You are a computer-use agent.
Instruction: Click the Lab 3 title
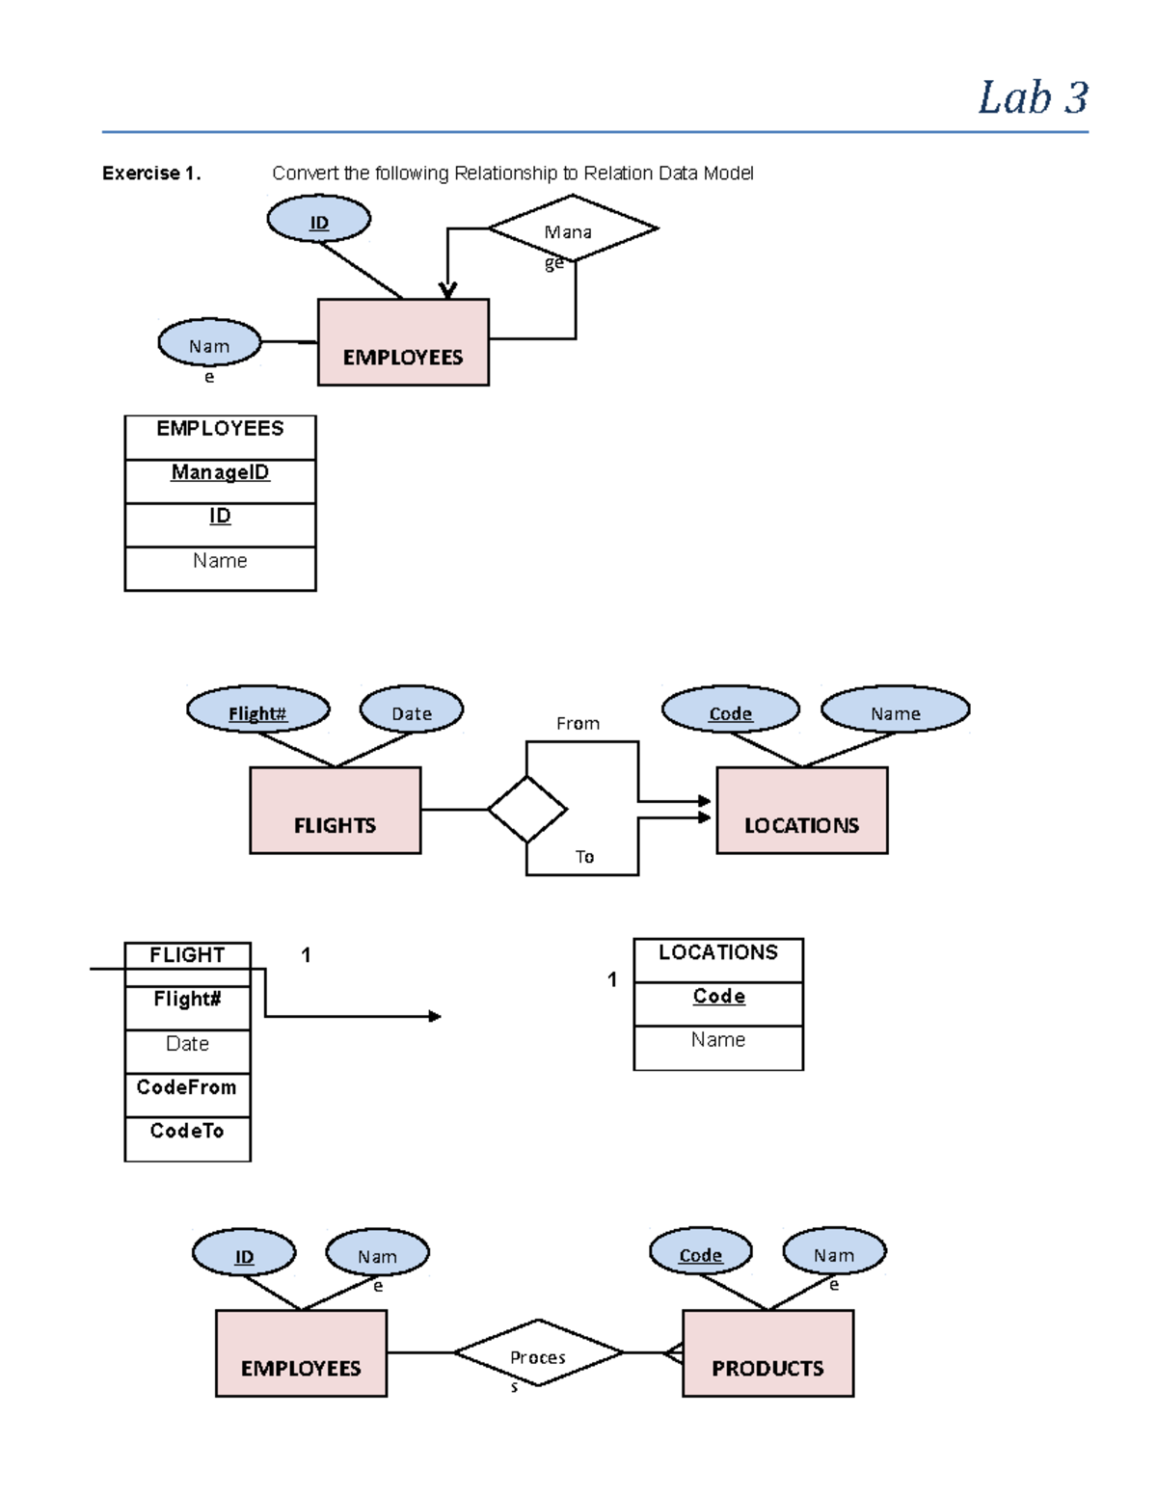pyautogui.click(x=1033, y=98)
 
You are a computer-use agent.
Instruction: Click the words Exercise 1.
pyautogui.click(x=151, y=174)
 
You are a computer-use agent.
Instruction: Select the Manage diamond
pyautogui.click(x=573, y=229)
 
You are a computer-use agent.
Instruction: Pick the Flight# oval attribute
pyautogui.click(x=257, y=711)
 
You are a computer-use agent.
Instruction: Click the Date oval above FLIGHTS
pyautogui.click(x=412, y=711)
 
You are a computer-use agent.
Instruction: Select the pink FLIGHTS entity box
pyautogui.click(x=335, y=811)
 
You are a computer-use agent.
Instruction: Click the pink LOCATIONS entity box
pyautogui.click(x=801, y=811)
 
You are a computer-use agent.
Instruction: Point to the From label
pyautogui.click(x=578, y=724)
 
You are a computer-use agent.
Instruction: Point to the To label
pyautogui.click(x=584, y=857)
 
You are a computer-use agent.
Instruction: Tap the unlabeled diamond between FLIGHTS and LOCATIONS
pyautogui.click(x=526, y=810)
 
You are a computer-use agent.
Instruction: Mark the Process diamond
pyautogui.click(x=538, y=1353)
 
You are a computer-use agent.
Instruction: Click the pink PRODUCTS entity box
pyautogui.click(x=767, y=1353)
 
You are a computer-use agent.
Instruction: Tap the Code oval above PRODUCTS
pyautogui.click(x=700, y=1253)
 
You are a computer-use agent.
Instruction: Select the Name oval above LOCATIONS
pyautogui.click(x=895, y=710)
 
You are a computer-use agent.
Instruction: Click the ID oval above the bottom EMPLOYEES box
pyautogui.click(x=244, y=1254)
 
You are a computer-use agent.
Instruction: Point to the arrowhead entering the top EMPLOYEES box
pyautogui.click(x=447, y=290)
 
